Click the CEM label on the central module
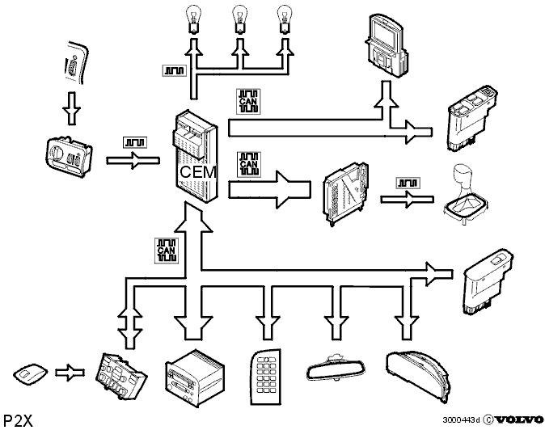pyautogui.click(x=198, y=172)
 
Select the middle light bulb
pyautogui.click(x=240, y=19)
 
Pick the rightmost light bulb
pyautogui.click(x=285, y=19)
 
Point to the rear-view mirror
pyautogui.click(x=336, y=368)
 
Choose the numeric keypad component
pyautogui.click(x=265, y=377)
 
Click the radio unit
pyautogui.click(x=195, y=377)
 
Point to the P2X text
pyautogui.click(x=18, y=420)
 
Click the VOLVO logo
pyautogui.click(x=519, y=420)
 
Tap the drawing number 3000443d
pyautogui.click(x=461, y=420)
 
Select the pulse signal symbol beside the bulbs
pyautogui.click(x=175, y=70)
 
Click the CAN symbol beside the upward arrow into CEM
pyautogui.click(x=166, y=250)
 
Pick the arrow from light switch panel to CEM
pyautogui.click(x=133, y=161)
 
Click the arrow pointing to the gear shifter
pyautogui.click(x=407, y=200)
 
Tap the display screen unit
pyautogui.click(x=387, y=44)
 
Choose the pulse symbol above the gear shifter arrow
pyautogui.click(x=408, y=183)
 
